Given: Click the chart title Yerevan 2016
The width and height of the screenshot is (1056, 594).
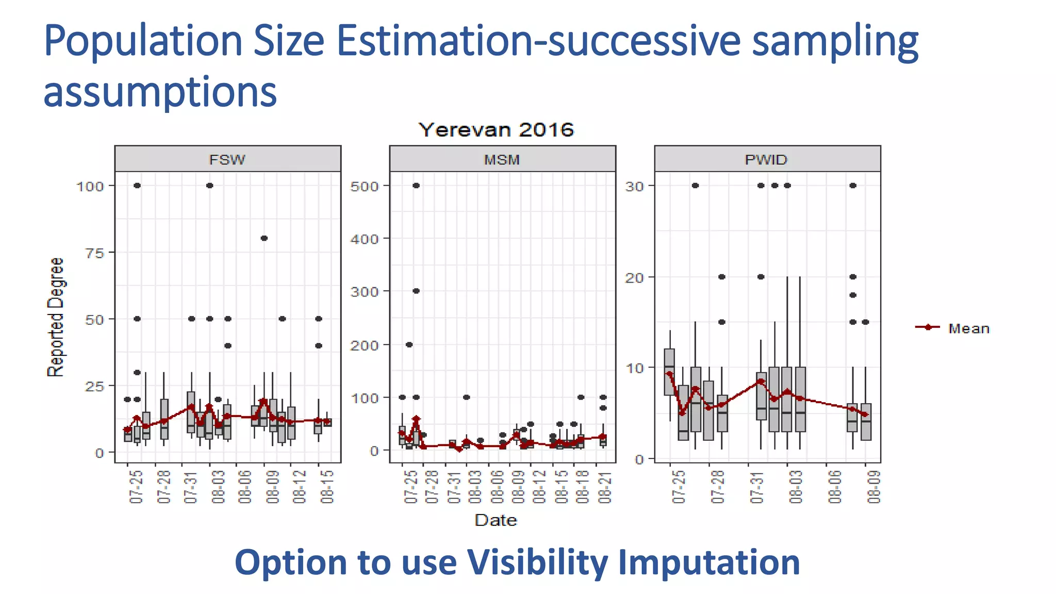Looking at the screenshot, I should pos(496,129).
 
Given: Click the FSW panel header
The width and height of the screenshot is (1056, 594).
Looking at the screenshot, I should pos(227,159).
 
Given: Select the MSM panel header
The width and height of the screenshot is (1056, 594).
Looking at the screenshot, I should pos(502,159).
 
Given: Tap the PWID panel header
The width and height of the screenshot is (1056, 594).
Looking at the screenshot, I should pos(766,159).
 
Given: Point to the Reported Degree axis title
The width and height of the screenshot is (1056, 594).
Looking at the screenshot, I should pos(56,318).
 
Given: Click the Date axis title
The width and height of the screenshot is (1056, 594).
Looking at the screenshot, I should pos(496,520).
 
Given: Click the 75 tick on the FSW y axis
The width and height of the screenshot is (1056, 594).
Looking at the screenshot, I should pos(94,253).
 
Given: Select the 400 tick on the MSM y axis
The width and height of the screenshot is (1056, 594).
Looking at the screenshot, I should pos(364,239).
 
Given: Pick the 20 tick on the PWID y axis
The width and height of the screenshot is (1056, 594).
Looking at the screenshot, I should pos(634,277).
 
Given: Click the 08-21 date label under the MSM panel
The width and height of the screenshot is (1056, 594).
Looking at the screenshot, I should pos(605,487).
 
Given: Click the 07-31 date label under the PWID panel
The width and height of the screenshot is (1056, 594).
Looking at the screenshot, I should pos(756,487).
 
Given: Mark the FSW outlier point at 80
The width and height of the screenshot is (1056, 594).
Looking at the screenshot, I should pos(264,238).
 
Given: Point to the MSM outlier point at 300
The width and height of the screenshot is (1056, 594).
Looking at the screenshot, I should pos(416,291).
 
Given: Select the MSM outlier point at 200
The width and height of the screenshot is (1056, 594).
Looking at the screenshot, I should pos(409,344).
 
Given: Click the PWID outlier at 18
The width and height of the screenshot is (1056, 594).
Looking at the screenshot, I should pos(853,295).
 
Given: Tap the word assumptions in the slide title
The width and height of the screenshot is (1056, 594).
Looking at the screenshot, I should pos(160,92).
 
